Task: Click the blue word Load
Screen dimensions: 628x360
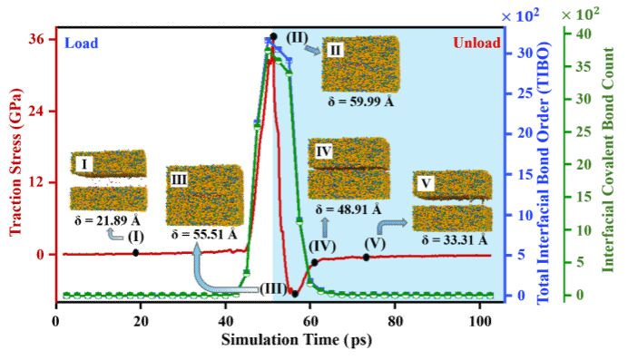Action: tap(82, 43)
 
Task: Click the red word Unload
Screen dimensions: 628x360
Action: tap(476, 43)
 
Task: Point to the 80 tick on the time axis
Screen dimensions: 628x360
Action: tap(395, 321)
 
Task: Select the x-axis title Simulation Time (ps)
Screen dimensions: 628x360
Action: tap(297, 340)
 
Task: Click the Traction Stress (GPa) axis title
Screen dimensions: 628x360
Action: tap(15, 162)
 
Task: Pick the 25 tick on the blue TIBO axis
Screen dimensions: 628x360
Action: tap(525, 93)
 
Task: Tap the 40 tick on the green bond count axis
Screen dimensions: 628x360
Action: tap(584, 34)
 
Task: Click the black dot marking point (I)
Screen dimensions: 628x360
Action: tap(136, 253)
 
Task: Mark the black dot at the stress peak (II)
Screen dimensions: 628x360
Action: tap(273, 37)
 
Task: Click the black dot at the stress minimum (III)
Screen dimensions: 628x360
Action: tap(295, 294)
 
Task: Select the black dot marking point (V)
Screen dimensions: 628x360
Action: tap(366, 258)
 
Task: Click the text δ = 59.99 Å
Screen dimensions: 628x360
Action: tap(361, 102)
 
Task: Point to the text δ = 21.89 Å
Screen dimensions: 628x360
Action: tap(107, 220)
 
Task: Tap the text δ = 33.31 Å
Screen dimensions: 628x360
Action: tap(455, 240)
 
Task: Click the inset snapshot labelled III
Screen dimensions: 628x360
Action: tap(205, 195)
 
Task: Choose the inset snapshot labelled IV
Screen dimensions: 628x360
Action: tap(348, 169)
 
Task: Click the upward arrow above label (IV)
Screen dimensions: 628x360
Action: tap(325, 228)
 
